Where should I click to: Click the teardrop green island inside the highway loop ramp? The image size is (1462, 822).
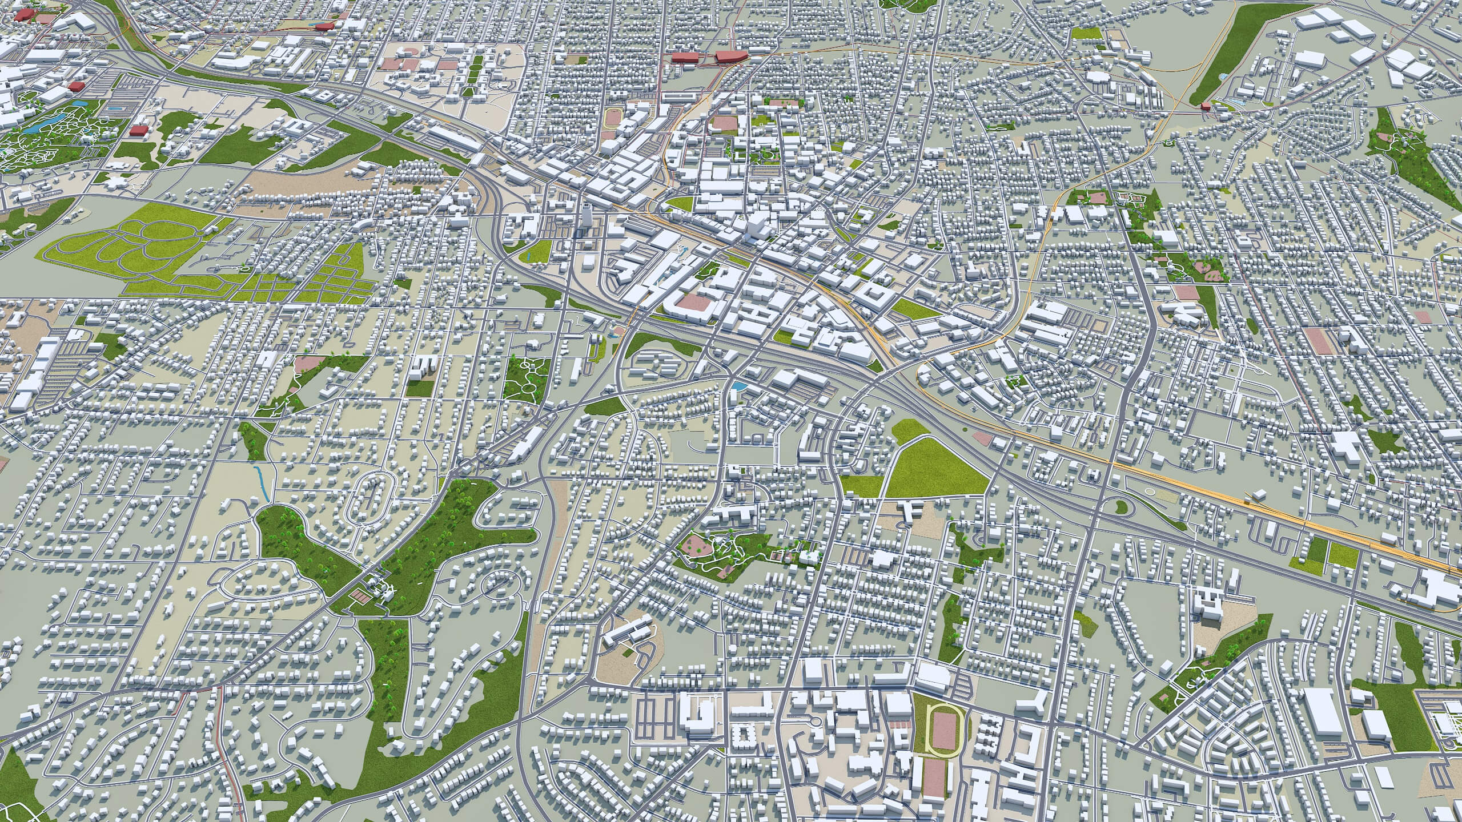[x=1122, y=506]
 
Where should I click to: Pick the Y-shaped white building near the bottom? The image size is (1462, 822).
[x=1038, y=703]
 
